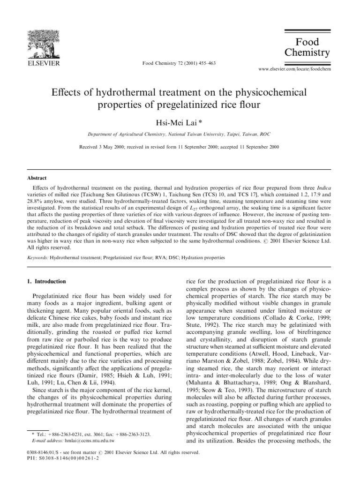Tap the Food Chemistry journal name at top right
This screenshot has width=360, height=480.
[x=307, y=47]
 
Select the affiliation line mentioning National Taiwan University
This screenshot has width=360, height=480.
[x=179, y=134]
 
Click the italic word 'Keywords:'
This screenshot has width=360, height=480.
[x=37, y=257]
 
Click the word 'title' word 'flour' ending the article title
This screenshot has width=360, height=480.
[x=248, y=105]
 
